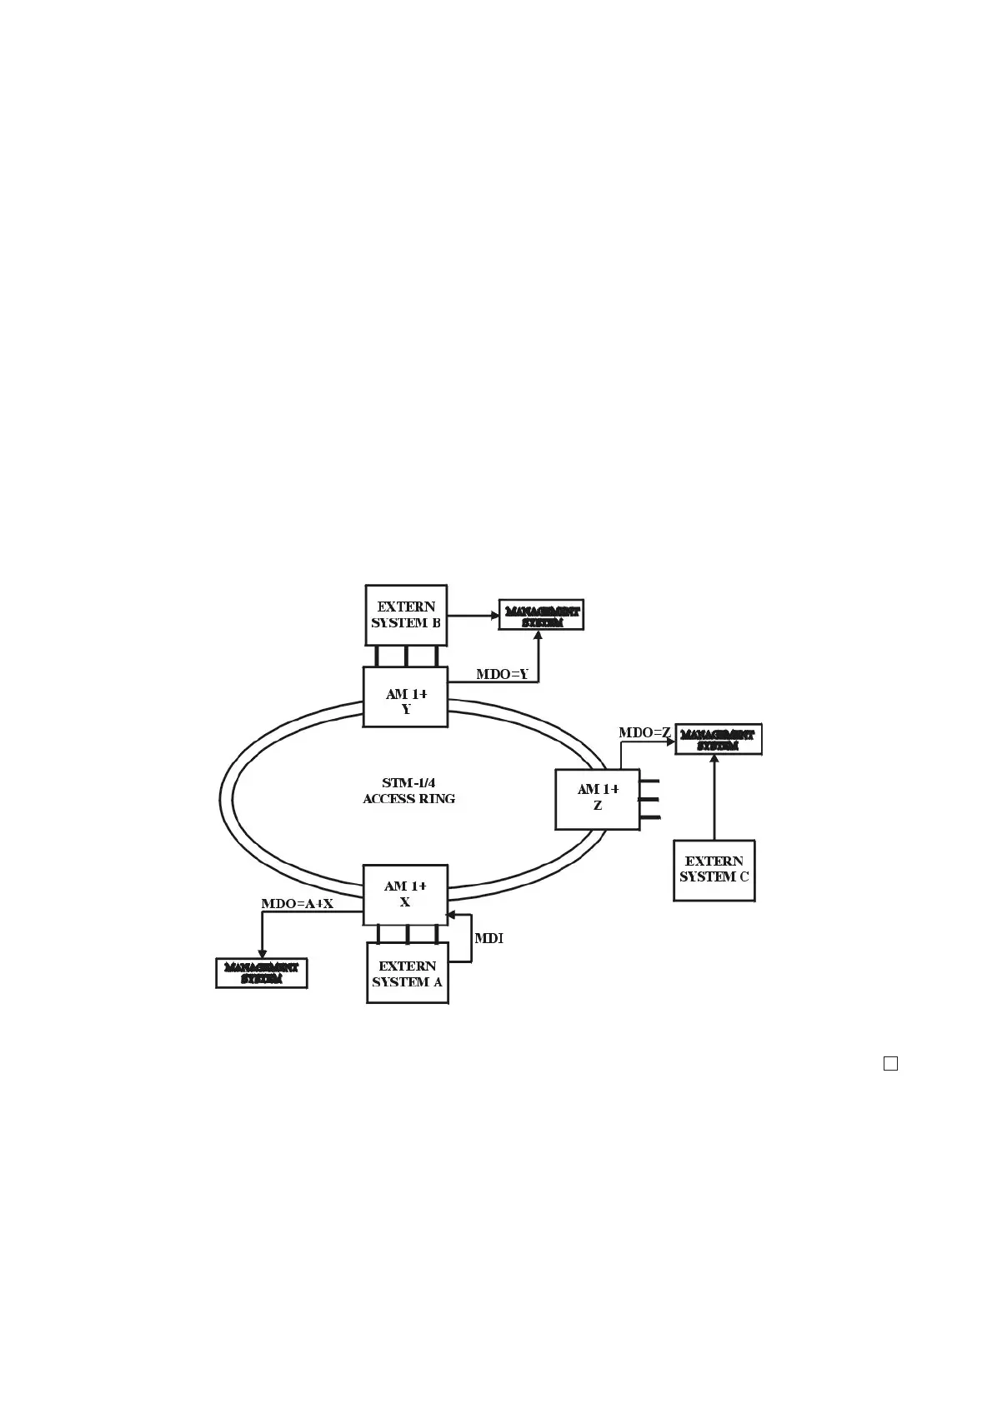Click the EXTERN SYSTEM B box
tap(406, 615)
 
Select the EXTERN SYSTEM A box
tap(407, 973)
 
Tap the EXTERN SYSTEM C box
tap(714, 870)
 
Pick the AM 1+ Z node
tap(597, 799)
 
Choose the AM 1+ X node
tap(405, 895)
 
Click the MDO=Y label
tap(502, 674)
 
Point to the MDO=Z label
tap(644, 732)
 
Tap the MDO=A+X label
tap(297, 904)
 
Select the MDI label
tap(488, 938)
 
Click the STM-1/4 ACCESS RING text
tap(408, 791)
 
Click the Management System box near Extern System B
tap(541, 615)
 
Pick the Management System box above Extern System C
tap(718, 740)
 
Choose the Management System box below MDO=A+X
tap(262, 973)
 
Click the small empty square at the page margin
tap(890, 1063)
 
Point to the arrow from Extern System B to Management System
tap(472, 616)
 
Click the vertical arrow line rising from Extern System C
tap(714, 800)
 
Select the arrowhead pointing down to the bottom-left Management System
tap(262, 955)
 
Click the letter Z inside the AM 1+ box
tap(597, 806)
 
